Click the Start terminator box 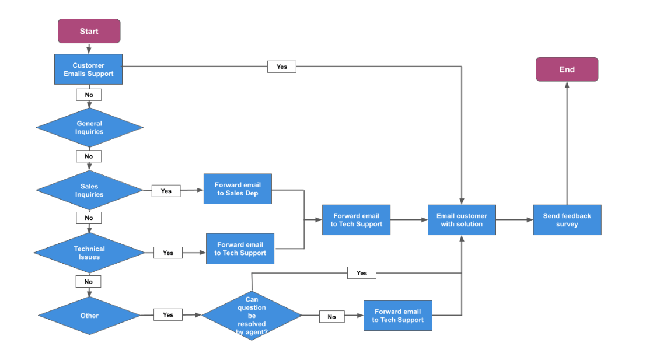point(89,31)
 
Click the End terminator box point(567,69)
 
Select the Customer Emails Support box point(89,69)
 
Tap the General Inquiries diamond point(89,127)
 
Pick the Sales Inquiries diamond point(89,190)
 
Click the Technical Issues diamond point(89,253)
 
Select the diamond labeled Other point(89,316)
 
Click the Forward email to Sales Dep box point(238,188)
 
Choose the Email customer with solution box point(462,220)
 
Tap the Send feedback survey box point(567,220)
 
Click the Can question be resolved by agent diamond point(252,316)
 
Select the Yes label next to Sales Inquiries point(166,191)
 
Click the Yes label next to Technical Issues point(168,253)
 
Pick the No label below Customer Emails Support point(89,95)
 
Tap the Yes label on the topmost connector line point(282,67)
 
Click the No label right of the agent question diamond point(331,317)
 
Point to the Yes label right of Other point(168,314)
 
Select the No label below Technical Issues point(89,281)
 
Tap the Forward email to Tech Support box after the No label point(397,316)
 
